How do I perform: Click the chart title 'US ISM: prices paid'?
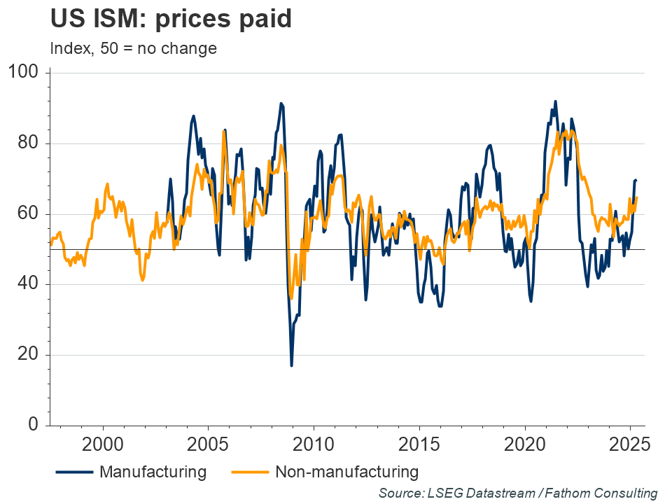[170, 19]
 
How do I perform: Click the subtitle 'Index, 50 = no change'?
[133, 49]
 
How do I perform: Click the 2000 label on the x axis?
[103, 445]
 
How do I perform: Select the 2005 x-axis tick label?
[209, 445]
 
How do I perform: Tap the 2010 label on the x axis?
[314, 445]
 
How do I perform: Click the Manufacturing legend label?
[153, 471]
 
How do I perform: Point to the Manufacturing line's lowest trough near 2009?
[291, 365]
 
